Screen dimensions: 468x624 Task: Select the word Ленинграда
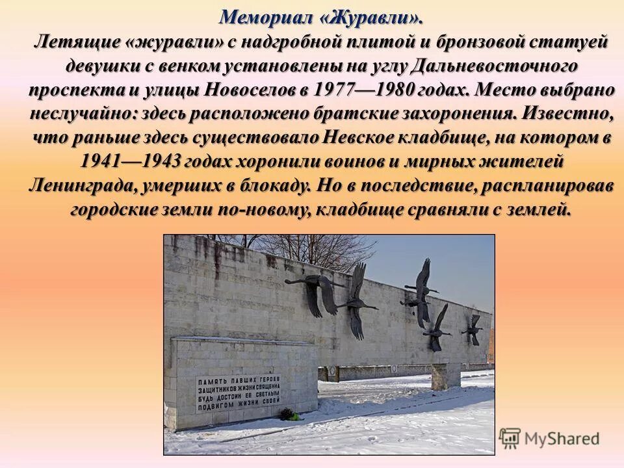pos(81,185)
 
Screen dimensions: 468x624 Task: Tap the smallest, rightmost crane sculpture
pos(474,329)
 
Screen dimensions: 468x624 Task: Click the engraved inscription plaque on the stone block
pos(239,394)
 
